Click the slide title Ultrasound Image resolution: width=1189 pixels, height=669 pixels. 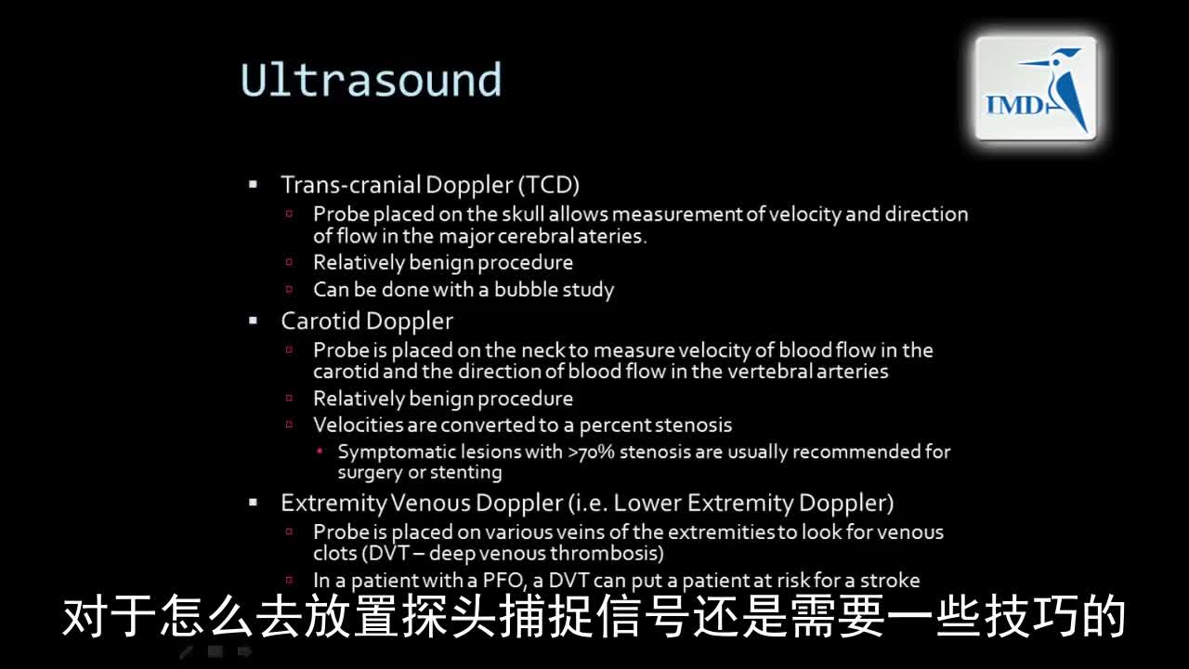(371, 80)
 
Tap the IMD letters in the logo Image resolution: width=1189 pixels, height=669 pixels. (1015, 105)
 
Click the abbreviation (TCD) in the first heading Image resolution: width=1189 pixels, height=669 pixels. (549, 185)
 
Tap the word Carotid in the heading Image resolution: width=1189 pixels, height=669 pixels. (320, 321)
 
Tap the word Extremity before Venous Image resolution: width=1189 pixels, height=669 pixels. (333, 504)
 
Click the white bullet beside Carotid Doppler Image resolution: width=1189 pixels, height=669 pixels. (254, 321)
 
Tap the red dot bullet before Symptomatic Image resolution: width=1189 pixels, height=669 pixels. (320, 452)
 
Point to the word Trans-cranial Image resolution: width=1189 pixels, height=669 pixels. (350, 185)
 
